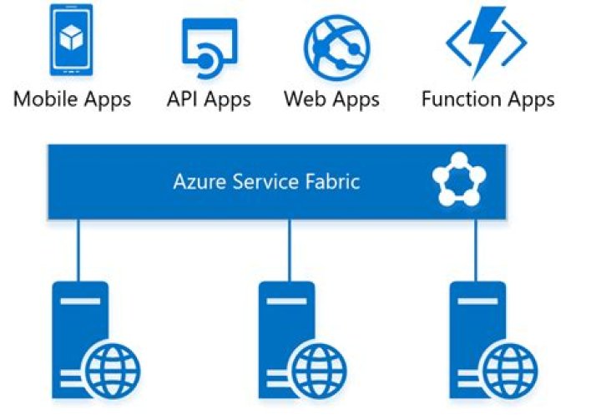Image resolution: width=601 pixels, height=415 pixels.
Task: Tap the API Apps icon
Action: (209, 43)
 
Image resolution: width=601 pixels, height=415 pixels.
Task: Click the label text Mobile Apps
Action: (73, 99)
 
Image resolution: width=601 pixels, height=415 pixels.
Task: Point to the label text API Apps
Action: (209, 99)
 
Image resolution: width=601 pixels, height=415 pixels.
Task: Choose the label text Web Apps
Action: (331, 99)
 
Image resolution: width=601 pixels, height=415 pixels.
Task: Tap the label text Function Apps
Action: (487, 99)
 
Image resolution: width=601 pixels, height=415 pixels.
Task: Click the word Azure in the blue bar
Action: (198, 181)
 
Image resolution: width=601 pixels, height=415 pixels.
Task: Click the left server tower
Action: (78, 334)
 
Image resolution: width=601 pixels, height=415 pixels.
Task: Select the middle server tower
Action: (284, 334)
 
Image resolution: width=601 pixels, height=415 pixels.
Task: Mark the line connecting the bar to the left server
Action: (79, 250)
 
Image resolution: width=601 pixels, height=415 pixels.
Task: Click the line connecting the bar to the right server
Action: (477, 250)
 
